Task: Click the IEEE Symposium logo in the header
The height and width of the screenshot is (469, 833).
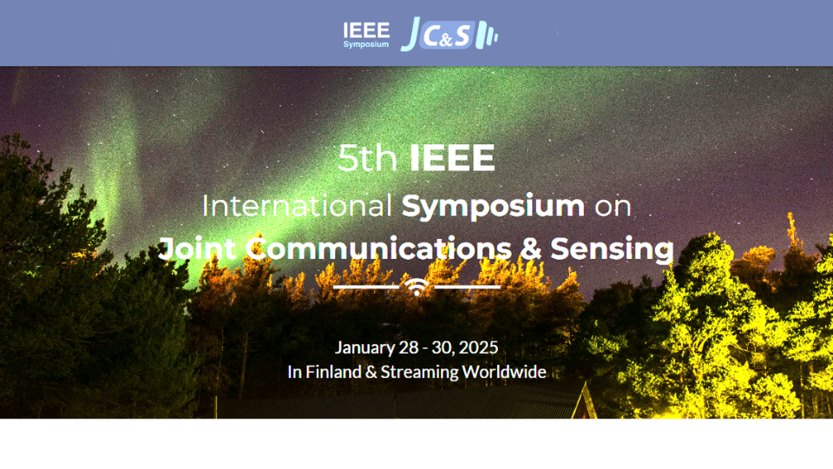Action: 366,35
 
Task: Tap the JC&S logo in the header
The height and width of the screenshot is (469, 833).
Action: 449,35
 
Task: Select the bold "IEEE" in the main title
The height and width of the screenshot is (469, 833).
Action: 452,158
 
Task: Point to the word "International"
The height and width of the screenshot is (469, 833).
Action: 297,206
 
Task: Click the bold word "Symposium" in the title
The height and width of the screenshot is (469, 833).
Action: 493,207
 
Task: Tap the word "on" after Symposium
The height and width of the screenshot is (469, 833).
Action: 613,207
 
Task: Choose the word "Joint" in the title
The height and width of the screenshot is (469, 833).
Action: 197,249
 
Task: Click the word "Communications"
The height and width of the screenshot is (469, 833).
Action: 379,249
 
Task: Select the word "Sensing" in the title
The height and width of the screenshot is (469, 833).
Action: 612,249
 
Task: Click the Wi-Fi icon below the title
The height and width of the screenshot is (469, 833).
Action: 417,287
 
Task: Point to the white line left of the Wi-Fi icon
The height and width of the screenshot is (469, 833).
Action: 366,287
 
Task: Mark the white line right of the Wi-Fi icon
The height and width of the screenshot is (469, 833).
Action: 468,287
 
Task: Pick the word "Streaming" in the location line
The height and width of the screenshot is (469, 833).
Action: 419,373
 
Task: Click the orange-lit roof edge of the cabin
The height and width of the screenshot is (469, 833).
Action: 584,400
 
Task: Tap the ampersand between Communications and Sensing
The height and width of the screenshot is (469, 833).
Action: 531,249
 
